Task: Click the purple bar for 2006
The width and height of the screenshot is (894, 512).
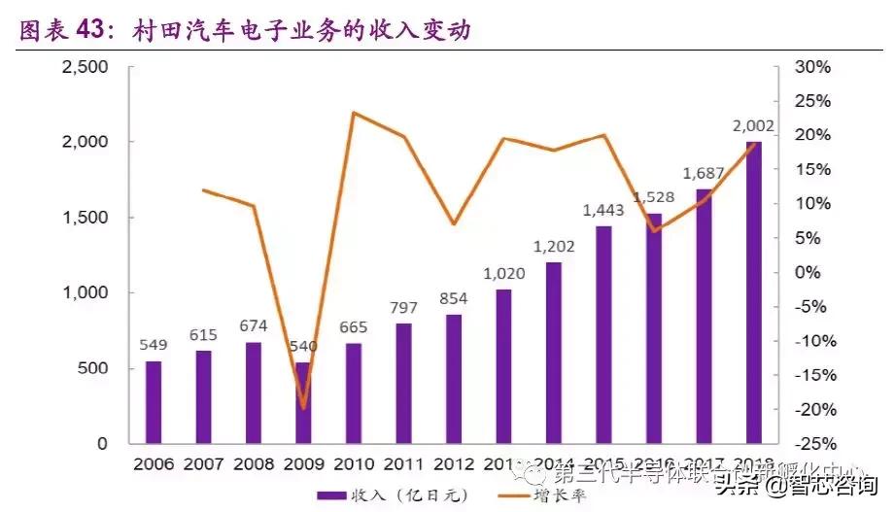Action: point(154,402)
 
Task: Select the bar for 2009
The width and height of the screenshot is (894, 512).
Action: point(303,402)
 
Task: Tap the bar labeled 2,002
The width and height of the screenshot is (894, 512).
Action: point(754,291)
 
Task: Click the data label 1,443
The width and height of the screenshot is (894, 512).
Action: point(603,210)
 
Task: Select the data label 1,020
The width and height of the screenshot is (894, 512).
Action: point(503,273)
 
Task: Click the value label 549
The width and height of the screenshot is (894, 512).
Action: point(154,344)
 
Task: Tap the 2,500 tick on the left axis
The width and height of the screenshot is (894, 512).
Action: point(86,67)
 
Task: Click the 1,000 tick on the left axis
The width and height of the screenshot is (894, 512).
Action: point(86,292)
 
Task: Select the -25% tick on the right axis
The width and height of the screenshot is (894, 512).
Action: point(811,444)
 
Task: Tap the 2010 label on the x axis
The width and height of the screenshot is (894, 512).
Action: point(354,463)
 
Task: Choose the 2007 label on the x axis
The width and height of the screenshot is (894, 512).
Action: point(203,463)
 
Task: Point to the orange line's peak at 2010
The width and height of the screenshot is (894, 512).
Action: point(353,113)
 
